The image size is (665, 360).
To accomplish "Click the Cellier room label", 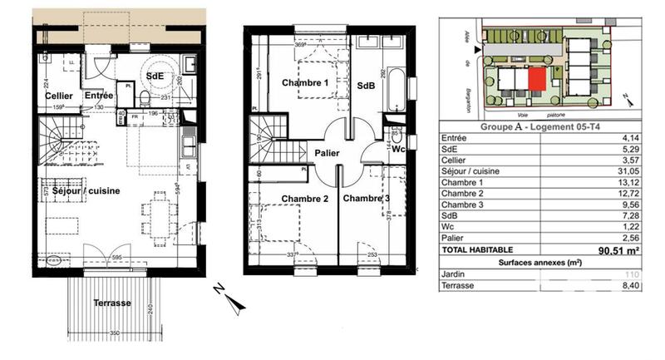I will (x=57, y=96).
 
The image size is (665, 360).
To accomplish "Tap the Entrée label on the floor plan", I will (x=100, y=96).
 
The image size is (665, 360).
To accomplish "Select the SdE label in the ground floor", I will (x=155, y=76).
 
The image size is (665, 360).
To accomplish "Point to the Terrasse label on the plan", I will (x=111, y=303).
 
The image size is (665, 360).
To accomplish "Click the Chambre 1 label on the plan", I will (x=305, y=84).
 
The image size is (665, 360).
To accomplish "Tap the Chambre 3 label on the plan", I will (x=367, y=199).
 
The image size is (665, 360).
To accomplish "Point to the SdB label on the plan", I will (x=366, y=86).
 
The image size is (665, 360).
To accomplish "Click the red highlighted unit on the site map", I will (x=539, y=80).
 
